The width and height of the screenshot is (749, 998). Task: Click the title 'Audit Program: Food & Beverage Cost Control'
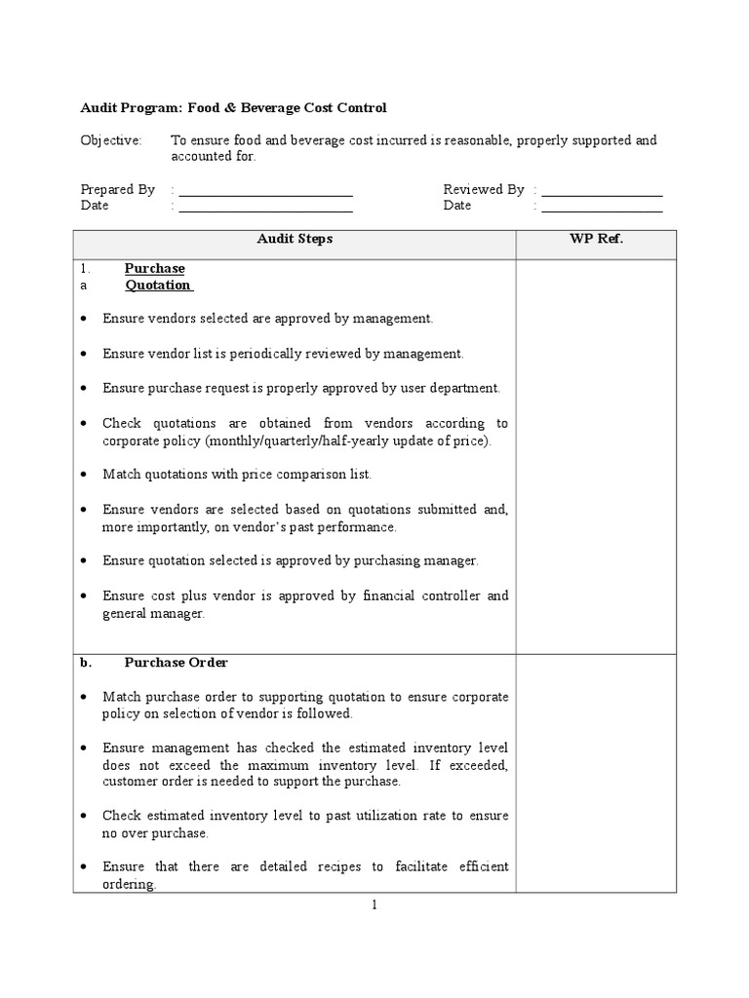(x=233, y=107)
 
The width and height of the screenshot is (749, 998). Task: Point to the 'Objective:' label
(x=110, y=140)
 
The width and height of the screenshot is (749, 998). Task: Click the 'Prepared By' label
(x=117, y=189)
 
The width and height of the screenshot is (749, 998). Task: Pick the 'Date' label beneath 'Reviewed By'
(x=456, y=206)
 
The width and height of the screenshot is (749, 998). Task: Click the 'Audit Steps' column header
(x=295, y=239)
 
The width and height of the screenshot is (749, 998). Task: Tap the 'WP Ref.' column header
(x=596, y=239)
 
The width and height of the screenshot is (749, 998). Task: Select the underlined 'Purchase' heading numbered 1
(x=154, y=268)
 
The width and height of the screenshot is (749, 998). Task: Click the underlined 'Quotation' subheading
(x=158, y=285)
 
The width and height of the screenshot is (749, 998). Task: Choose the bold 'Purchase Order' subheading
(x=176, y=663)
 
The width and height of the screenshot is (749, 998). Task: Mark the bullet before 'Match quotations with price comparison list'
(x=85, y=475)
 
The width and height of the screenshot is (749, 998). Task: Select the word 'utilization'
(x=357, y=816)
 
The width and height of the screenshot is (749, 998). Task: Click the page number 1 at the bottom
(x=374, y=904)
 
